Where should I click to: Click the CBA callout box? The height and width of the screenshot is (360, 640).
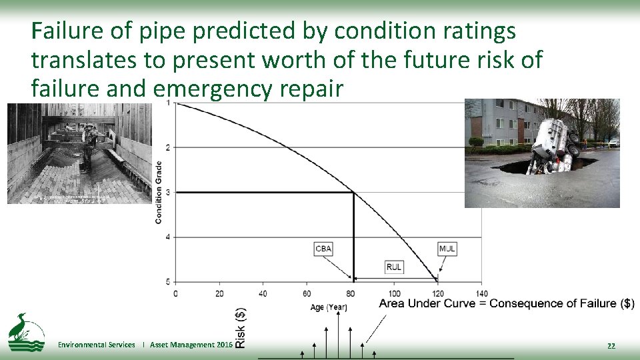point(323,249)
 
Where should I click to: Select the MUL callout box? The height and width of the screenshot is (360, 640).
point(447,249)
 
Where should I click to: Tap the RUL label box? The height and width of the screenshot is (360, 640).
point(394,267)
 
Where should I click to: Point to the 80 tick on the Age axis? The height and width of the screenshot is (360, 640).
point(351,293)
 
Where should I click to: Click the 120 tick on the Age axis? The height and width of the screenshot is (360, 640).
point(438,293)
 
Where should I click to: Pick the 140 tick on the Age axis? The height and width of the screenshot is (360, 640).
point(482,293)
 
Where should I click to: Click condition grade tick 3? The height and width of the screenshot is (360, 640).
point(167,193)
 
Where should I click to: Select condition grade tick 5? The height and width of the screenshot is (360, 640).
point(167,281)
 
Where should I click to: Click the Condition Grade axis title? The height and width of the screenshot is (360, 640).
point(159,192)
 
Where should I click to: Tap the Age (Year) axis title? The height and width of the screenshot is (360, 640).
point(329,307)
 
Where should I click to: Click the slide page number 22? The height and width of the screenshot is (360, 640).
point(611,345)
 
